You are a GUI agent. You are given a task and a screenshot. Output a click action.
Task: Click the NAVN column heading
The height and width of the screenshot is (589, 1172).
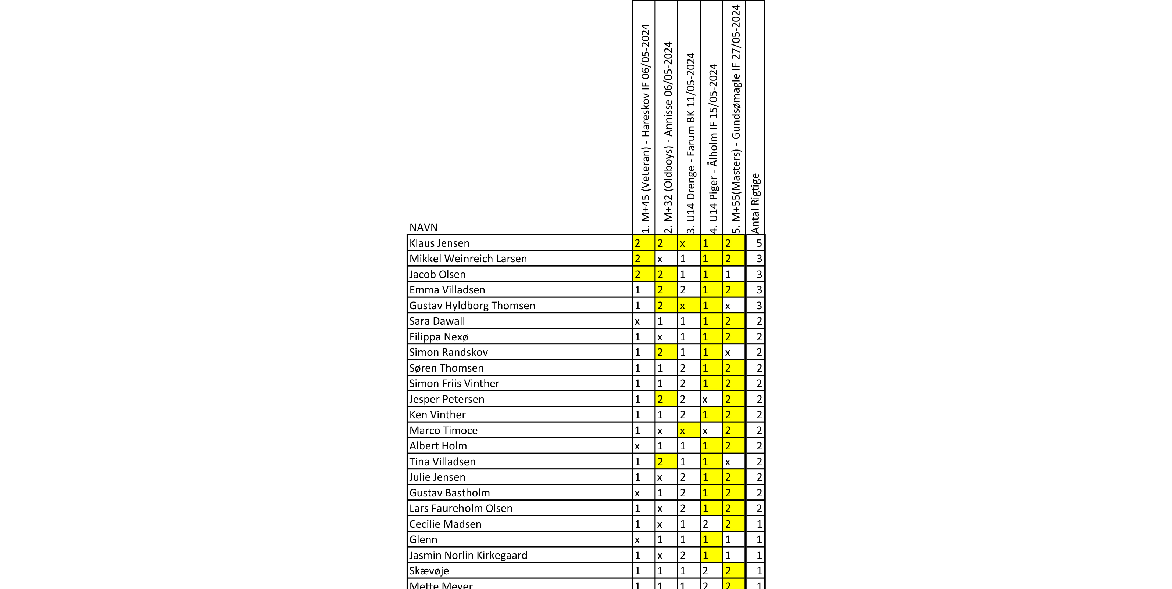tap(423, 227)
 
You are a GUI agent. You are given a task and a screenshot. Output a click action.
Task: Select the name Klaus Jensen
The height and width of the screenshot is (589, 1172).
tap(439, 243)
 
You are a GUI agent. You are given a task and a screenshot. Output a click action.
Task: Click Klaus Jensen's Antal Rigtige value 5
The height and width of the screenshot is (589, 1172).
tap(758, 243)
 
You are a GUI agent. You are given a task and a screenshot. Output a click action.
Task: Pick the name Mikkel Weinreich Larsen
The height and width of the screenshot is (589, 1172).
tap(468, 259)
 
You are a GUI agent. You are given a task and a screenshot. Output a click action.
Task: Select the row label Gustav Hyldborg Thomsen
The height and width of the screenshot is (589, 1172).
tap(472, 306)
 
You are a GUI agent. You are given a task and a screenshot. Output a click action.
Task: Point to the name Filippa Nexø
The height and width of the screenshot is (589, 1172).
tap(439, 337)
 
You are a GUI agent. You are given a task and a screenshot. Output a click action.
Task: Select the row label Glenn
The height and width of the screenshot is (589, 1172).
tap(423, 539)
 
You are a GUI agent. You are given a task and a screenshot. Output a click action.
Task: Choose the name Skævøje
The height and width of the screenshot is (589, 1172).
tap(429, 571)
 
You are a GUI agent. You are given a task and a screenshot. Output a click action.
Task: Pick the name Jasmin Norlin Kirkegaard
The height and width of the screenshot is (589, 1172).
tap(468, 555)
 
